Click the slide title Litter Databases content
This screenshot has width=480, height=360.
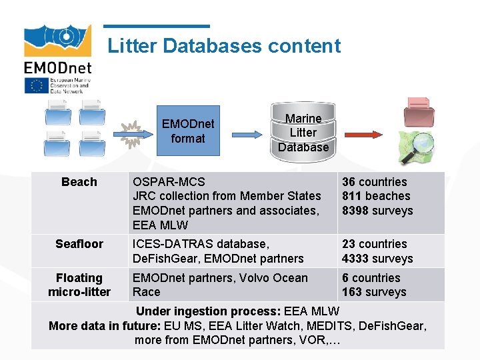[x=224, y=46]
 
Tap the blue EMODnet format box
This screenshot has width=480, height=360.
[x=188, y=131]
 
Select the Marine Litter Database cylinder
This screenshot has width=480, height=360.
[x=303, y=131]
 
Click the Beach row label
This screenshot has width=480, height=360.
[x=79, y=182]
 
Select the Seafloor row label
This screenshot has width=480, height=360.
[x=79, y=244]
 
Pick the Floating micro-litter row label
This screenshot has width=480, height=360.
[x=79, y=285]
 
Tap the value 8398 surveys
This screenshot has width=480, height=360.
[x=377, y=211]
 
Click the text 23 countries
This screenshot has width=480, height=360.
[x=374, y=244]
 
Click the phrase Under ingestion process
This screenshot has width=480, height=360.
[x=208, y=311]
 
